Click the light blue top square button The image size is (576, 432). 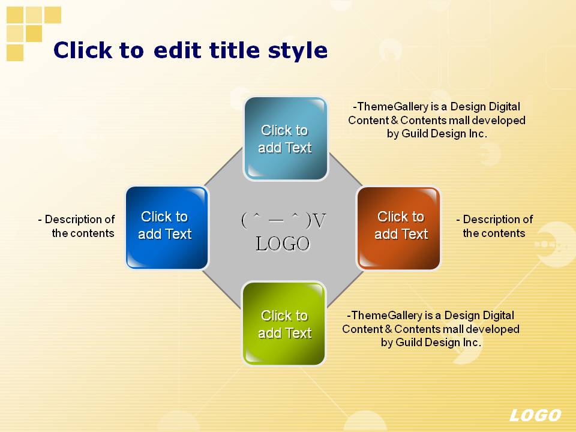[x=286, y=139]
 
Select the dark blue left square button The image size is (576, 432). [x=167, y=228]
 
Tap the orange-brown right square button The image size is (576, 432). [x=398, y=229]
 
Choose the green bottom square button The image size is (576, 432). [x=284, y=323]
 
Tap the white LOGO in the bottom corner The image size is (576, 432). [x=535, y=415]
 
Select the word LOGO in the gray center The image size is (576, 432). [x=283, y=244]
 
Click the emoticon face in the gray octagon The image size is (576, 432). [x=283, y=220]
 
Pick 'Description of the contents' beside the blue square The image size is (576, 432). [x=76, y=226]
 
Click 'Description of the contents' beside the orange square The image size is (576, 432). [x=494, y=226]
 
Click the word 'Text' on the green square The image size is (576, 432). [x=298, y=333]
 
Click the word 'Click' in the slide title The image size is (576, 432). [x=83, y=50]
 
